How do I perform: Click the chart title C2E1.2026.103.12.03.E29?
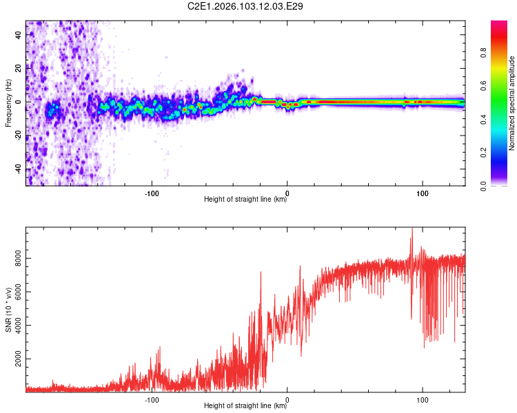coord(246,6)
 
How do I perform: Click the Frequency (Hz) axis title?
coord(8,103)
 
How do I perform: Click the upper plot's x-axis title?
coord(245,200)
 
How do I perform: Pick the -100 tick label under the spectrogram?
coord(152,193)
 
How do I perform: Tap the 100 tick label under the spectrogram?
coord(422,193)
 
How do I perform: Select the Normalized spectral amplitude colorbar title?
coord(512,103)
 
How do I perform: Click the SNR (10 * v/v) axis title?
coord(8,310)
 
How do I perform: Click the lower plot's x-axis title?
coord(245,406)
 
